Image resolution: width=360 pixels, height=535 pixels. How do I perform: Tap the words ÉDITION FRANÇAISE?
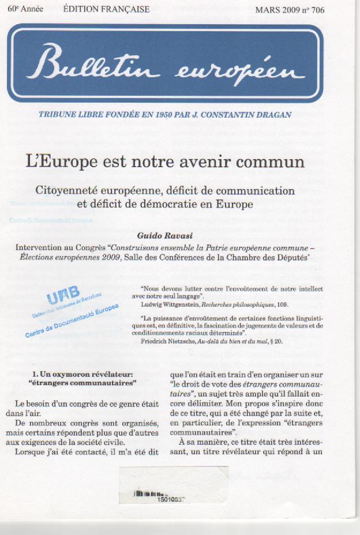pos(106,9)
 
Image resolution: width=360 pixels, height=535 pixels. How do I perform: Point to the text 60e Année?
pos(25,9)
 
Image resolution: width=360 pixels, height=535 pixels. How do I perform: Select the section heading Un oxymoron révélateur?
pos(86,374)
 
